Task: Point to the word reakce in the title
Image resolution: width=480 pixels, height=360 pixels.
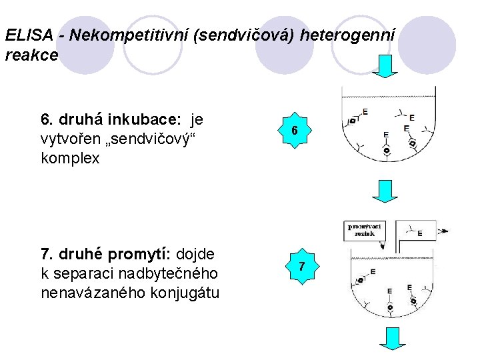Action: point(31,55)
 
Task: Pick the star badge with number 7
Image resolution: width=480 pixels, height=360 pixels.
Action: point(301,267)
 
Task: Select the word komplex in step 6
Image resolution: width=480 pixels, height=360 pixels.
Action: point(70,159)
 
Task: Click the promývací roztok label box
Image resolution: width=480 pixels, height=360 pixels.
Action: point(365,230)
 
